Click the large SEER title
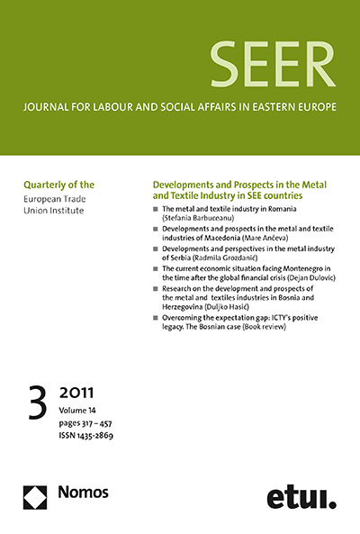click(271, 66)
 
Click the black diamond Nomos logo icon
click(35, 495)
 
